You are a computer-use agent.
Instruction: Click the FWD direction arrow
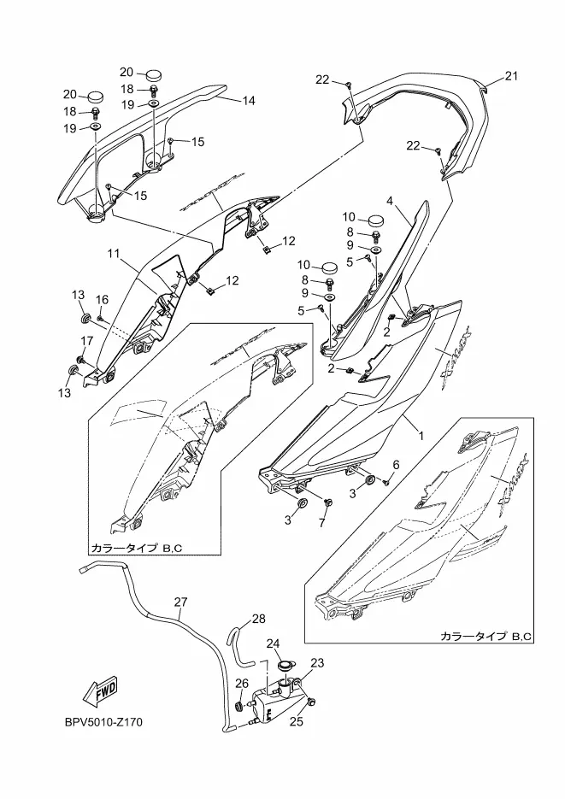(99, 689)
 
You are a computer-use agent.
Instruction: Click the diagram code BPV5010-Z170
(103, 723)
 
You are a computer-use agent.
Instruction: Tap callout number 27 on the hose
(180, 602)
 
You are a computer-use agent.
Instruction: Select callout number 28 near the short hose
(258, 619)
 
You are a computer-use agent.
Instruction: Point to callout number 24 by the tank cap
(274, 643)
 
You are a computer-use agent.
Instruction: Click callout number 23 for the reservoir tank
(317, 662)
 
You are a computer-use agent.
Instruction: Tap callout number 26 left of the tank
(241, 683)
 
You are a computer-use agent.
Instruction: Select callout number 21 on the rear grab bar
(511, 76)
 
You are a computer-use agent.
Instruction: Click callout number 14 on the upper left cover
(249, 100)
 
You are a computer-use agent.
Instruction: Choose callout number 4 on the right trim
(389, 202)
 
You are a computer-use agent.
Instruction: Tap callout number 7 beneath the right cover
(323, 522)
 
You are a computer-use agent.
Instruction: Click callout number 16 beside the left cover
(103, 299)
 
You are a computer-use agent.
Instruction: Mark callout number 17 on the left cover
(86, 341)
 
